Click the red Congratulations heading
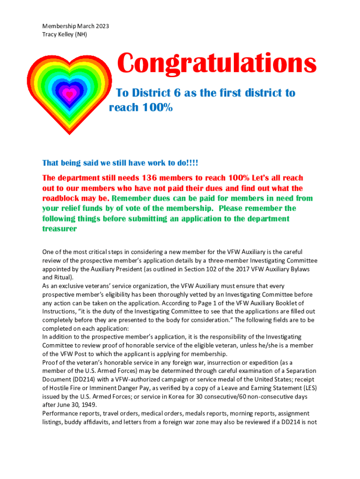(x=216, y=64)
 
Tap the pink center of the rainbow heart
(x=69, y=95)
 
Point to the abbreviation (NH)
(x=80, y=34)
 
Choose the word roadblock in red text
(x=64, y=198)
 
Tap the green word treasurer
(x=59, y=229)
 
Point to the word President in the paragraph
(x=136, y=269)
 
